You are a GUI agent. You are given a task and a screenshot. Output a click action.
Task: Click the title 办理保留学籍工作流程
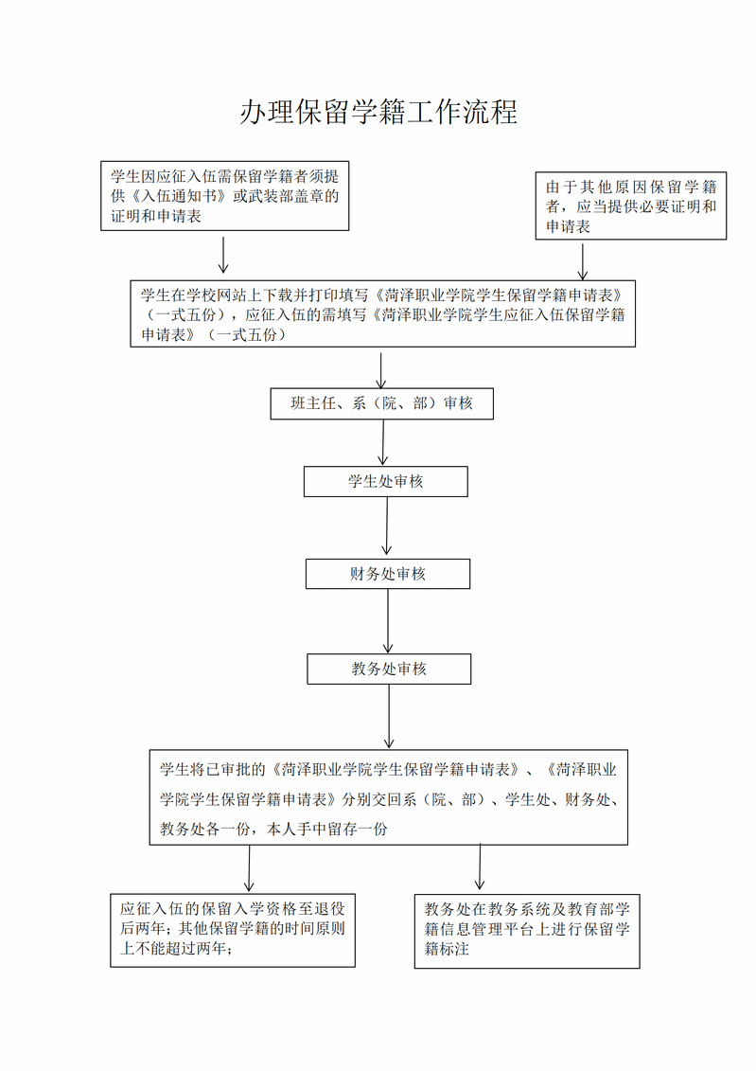tap(378, 112)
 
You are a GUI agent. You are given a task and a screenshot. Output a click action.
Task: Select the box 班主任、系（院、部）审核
tap(381, 403)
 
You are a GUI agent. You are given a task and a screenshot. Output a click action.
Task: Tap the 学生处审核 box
tap(385, 482)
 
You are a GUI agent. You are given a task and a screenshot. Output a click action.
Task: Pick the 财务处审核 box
tap(388, 574)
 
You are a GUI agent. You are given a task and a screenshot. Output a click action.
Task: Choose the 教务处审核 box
tap(389, 669)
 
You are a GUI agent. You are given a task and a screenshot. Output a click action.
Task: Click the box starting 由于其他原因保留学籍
tap(631, 205)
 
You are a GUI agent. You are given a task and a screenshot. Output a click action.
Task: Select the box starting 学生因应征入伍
tap(224, 196)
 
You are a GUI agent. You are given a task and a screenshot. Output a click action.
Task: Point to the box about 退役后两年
tap(233, 930)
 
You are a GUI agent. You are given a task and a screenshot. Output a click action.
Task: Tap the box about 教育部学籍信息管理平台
tap(527, 931)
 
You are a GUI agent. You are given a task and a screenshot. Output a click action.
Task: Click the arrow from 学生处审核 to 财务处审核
tap(386, 526)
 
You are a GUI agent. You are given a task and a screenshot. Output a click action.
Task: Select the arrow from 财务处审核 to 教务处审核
tap(388, 621)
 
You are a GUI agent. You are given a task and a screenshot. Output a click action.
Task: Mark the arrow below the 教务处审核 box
tap(389, 717)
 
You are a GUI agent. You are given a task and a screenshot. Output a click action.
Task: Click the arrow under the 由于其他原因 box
tap(583, 261)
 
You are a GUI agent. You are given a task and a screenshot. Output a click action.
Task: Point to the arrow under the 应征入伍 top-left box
tap(222, 255)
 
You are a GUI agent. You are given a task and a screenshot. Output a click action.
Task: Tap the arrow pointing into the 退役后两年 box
tap(249, 868)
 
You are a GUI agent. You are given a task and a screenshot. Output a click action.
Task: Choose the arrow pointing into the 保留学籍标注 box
tap(480, 866)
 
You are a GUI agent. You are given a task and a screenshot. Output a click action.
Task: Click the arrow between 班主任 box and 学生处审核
tap(383, 442)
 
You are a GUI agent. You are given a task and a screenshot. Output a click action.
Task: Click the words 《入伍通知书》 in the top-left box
tap(177, 196)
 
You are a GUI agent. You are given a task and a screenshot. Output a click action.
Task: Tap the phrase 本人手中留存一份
tap(326, 830)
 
